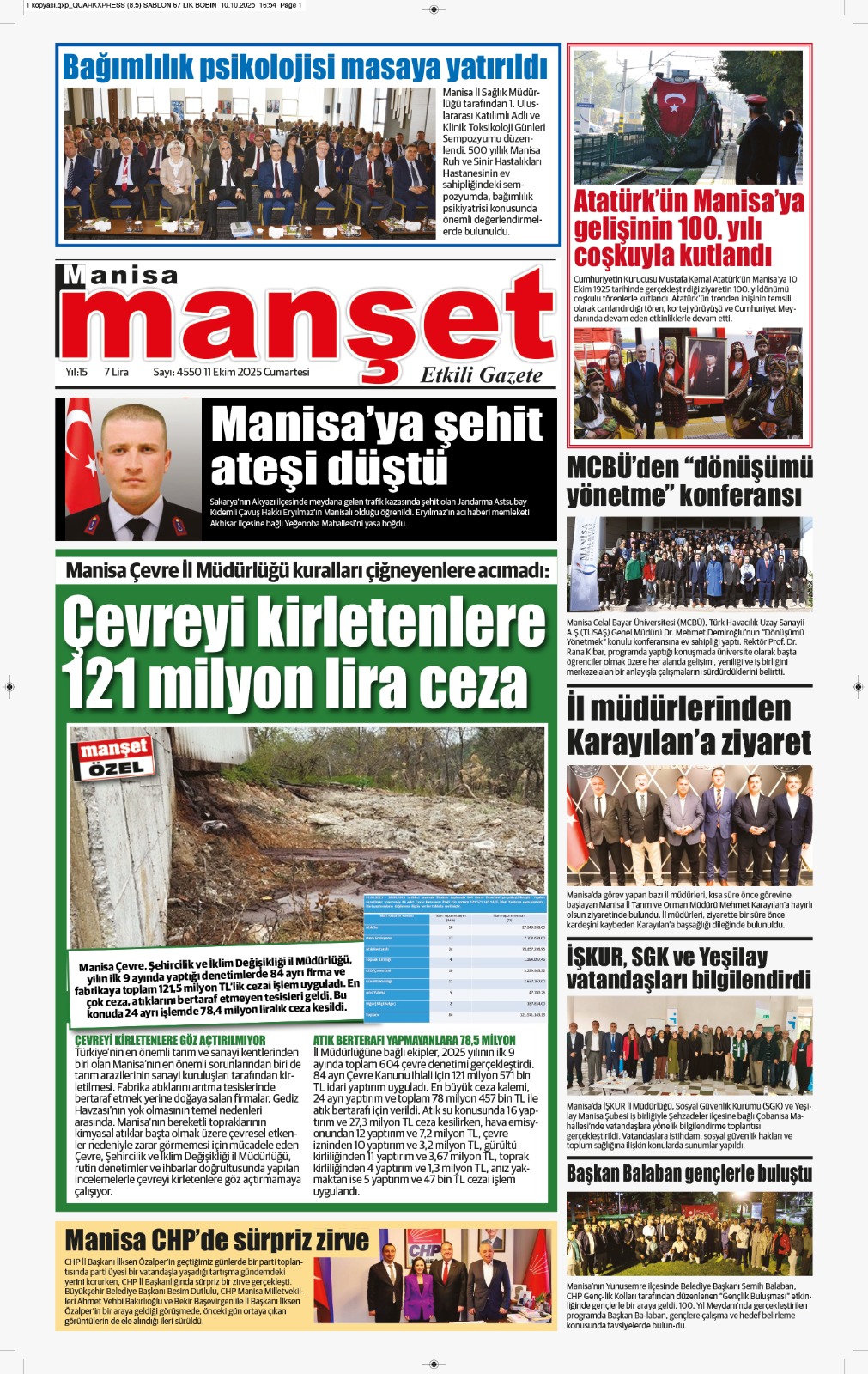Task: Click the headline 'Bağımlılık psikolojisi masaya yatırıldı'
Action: pyautogui.click(x=305, y=67)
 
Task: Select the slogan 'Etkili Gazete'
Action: pyautogui.click(x=481, y=374)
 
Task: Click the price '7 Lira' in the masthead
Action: pyautogui.click(x=116, y=372)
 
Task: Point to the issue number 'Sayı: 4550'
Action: pyautogui.click(x=177, y=372)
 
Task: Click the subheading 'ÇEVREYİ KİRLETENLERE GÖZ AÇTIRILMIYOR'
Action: pyautogui.click(x=170, y=1040)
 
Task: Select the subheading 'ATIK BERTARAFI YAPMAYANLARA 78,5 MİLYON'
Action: pyautogui.click(x=414, y=1040)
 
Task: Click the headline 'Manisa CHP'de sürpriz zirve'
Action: pyautogui.click(x=216, y=1240)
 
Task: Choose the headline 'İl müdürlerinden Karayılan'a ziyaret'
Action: pyautogui.click(x=689, y=725)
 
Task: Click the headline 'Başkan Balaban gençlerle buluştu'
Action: pyautogui.click(x=689, y=1173)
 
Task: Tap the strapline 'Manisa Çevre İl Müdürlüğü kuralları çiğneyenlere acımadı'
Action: pyautogui.click(x=307, y=570)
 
